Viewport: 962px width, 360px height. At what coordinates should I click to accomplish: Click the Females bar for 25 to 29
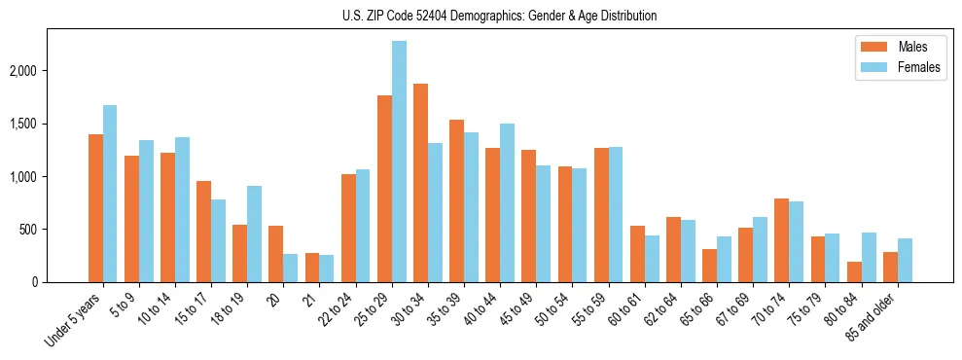click(x=399, y=162)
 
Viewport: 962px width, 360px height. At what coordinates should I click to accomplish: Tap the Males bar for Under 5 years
click(x=95, y=208)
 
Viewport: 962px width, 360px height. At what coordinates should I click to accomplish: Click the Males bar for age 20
click(x=276, y=254)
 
